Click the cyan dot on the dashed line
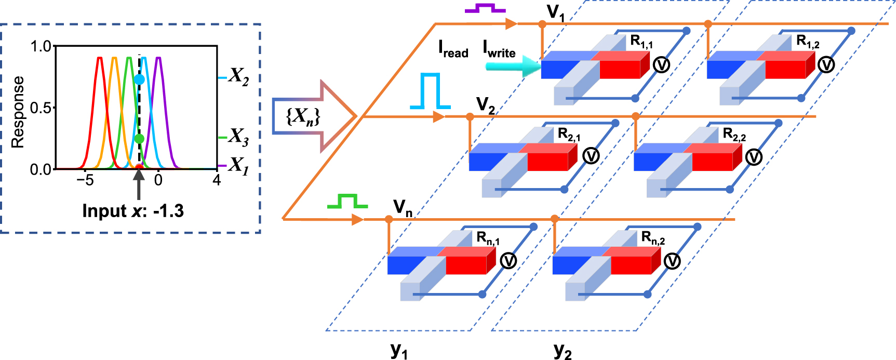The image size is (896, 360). click(x=139, y=79)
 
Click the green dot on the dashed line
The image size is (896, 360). click(x=139, y=139)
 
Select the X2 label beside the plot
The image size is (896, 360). click(x=238, y=77)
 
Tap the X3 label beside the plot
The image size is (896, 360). click(x=238, y=137)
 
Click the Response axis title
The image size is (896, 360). click(x=18, y=112)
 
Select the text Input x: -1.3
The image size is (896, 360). click(x=133, y=211)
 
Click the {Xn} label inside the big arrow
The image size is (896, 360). click(x=303, y=116)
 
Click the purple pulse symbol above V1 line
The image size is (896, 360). click(x=485, y=9)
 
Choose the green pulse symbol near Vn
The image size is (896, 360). click(x=347, y=201)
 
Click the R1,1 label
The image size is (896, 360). click(x=641, y=42)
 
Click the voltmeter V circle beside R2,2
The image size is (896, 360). click(x=754, y=157)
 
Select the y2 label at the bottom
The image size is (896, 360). click(x=563, y=351)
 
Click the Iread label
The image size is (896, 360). click(x=453, y=49)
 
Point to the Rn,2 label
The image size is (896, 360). click(x=653, y=238)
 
